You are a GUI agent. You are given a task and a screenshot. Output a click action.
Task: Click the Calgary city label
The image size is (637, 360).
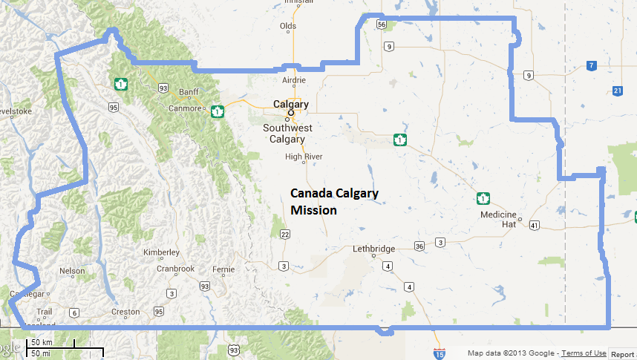pos(290,105)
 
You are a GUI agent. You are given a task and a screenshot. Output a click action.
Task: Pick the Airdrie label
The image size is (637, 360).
pos(294,80)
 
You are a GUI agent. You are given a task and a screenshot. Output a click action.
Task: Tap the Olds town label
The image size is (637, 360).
pos(287,27)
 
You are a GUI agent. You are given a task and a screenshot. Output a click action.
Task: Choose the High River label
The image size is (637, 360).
pos(304,157)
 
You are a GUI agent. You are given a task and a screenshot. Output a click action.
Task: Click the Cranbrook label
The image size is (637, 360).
pos(175,269)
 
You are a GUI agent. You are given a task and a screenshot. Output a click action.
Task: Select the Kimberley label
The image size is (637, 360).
pos(162,252)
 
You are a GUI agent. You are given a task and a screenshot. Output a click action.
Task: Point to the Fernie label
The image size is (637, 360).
pos(223,269)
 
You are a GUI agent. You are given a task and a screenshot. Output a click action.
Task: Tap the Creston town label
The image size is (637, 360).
pos(124,312)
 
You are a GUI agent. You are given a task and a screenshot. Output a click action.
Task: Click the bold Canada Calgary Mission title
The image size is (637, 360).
pos(334,201)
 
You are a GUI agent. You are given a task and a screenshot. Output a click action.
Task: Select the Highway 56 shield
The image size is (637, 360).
pos(382,24)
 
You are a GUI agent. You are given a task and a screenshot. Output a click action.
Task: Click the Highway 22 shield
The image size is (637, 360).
pos(284,235)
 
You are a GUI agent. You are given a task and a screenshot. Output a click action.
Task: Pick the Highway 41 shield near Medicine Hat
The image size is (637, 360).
pos(535,224)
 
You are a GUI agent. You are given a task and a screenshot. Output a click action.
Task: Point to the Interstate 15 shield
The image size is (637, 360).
pos(440,355)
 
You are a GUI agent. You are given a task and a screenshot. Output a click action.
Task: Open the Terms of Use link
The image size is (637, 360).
pos(584,353)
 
